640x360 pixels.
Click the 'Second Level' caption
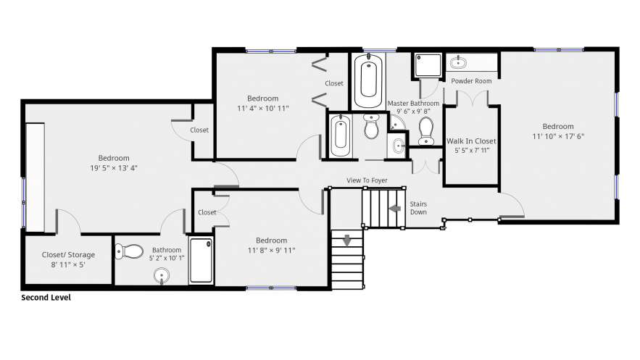(46, 298)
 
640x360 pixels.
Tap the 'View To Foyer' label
(367, 180)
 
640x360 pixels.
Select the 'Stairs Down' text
(418, 208)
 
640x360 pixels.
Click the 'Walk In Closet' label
(471, 141)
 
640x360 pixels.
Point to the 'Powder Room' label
(471, 81)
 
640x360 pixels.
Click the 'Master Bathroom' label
(413, 104)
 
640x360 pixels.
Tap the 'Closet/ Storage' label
(68, 255)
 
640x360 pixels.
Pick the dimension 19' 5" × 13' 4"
(114, 168)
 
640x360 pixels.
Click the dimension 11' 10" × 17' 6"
(558, 137)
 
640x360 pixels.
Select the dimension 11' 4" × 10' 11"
(263, 109)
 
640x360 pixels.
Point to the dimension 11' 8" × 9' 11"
(271, 251)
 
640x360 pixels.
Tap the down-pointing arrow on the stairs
(347, 240)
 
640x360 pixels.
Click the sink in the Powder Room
(458, 62)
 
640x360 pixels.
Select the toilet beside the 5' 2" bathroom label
(129, 251)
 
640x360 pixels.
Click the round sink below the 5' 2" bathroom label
(162, 276)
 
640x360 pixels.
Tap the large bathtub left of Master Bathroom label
(369, 80)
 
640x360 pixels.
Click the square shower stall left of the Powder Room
(428, 64)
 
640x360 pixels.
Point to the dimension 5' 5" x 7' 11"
(472, 151)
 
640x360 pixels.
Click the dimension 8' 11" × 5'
(68, 264)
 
